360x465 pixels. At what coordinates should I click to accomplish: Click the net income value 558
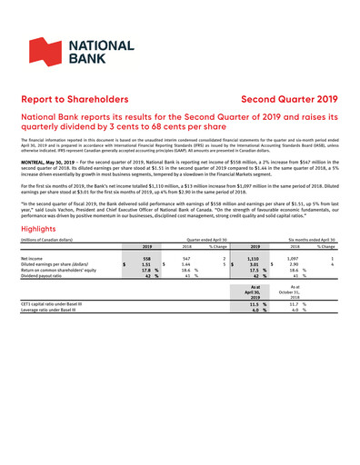click(145, 232)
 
